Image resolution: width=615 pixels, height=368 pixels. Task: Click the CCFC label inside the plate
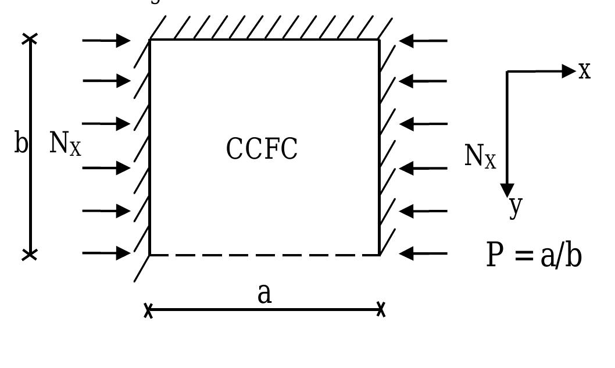[x=262, y=149]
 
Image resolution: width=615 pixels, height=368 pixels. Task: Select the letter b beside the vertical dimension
[x=21, y=142]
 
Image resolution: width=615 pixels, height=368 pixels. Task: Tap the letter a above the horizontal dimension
[x=264, y=294]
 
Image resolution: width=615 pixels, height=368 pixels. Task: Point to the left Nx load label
[x=65, y=144]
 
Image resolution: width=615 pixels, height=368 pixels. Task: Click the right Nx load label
[x=480, y=156]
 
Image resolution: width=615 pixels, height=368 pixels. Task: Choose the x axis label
[x=585, y=71]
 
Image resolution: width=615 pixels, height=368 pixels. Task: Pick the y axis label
[x=516, y=206]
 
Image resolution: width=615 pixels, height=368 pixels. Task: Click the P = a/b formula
[x=534, y=255]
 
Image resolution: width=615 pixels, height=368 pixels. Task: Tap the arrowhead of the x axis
[x=569, y=71]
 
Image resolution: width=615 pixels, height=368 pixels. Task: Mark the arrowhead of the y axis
[x=507, y=190]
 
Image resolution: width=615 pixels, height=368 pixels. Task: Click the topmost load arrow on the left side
[x=106, y=41]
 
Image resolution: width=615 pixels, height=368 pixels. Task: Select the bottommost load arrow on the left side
[x=106, y=253]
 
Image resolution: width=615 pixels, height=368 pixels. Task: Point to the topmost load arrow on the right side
[x=423, y=41]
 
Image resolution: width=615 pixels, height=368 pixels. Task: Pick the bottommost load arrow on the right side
[x=423, y=253]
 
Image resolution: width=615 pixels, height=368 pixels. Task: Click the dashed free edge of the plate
[x=264, y=255]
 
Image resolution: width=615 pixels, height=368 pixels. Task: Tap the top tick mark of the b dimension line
[x=30, y=39]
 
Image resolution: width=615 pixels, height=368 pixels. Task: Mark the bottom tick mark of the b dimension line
[x=30, y=255]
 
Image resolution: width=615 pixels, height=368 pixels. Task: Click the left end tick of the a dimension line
[x=148, y=310]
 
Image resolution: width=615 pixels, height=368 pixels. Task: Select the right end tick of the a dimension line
[x=381, y=309]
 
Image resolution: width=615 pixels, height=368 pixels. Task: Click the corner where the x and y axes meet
[x=507, y=72]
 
